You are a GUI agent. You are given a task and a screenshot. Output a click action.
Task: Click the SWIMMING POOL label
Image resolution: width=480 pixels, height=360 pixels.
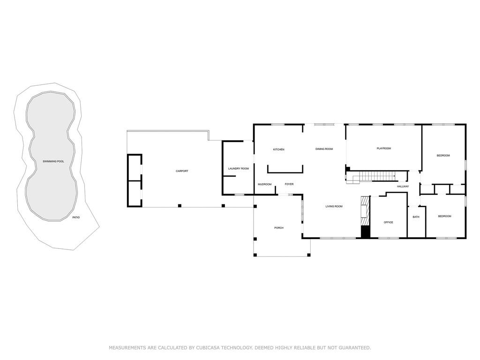[x=53, y=161]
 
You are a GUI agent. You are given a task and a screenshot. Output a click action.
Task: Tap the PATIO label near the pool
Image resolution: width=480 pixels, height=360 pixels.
[x=76, y=217]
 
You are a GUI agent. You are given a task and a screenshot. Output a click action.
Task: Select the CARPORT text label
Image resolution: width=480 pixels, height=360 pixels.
[x=182, y=171]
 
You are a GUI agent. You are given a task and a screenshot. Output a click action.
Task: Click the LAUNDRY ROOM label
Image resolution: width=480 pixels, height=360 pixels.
[x=238, y=168]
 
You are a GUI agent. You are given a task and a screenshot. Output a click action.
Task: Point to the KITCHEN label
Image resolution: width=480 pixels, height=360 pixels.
[x=279, y=150]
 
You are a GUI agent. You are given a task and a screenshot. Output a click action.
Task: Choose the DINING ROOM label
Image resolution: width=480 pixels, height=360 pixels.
[x=324, y=149]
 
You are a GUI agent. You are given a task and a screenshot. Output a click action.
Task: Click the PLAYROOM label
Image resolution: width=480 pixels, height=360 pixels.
[x=383, y=149]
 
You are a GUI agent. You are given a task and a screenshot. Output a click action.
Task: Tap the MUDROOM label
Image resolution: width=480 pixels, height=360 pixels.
[x=265, y=184]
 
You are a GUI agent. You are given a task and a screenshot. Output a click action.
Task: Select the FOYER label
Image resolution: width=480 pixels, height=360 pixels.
[x=289, y=184]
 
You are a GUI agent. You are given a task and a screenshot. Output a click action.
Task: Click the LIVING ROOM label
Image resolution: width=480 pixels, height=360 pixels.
[x=334, y=206]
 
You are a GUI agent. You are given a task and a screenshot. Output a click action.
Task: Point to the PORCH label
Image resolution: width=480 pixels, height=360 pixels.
[x=279, y=228]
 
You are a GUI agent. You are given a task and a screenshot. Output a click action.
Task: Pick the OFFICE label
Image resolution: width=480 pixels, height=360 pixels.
[x=388, y=222]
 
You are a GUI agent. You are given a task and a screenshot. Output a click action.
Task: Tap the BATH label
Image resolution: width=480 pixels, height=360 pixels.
[x=416, y=217]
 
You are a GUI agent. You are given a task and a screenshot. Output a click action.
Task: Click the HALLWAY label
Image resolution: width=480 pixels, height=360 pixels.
[x=403, y=187]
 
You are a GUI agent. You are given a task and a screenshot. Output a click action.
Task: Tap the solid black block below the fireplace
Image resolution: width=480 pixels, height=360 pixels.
[x=365, y=232]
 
